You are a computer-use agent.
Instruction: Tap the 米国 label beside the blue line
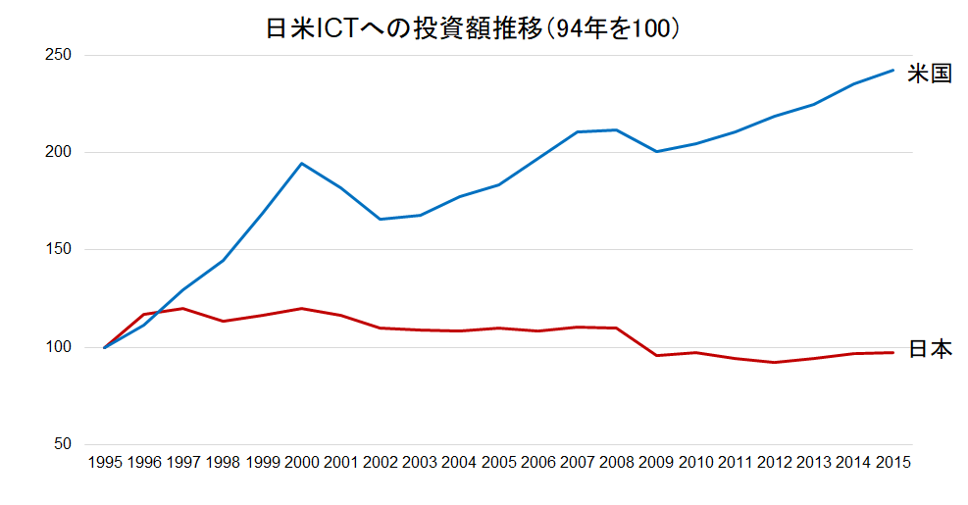(929, 74)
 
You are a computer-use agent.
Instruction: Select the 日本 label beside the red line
(929, 349)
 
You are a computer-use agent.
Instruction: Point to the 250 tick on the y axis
(59, 55)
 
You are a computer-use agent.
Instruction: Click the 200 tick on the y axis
(59, 152)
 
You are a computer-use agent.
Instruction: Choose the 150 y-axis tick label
(59, 250)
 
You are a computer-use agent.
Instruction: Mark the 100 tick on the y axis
(59, 347)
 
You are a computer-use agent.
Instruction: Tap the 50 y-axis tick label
(63, 444)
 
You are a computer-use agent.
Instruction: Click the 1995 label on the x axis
(105, 463)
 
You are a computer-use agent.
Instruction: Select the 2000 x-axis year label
(302, 463)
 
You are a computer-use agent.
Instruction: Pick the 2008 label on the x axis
(617, 463)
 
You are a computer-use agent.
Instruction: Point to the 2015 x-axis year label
(892, 463)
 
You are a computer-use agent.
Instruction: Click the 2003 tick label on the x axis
(420, 463)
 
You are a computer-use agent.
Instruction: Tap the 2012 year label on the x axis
(775, 463)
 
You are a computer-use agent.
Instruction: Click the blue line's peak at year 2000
(302, 164)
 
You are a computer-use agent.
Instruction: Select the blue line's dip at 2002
(381, 219)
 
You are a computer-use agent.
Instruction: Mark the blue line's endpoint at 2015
(892, 70)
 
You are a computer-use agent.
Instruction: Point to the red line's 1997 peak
(183, 308)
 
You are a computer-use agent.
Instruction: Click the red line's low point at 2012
(775, 362)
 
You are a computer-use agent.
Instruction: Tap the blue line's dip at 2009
(656, 151)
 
